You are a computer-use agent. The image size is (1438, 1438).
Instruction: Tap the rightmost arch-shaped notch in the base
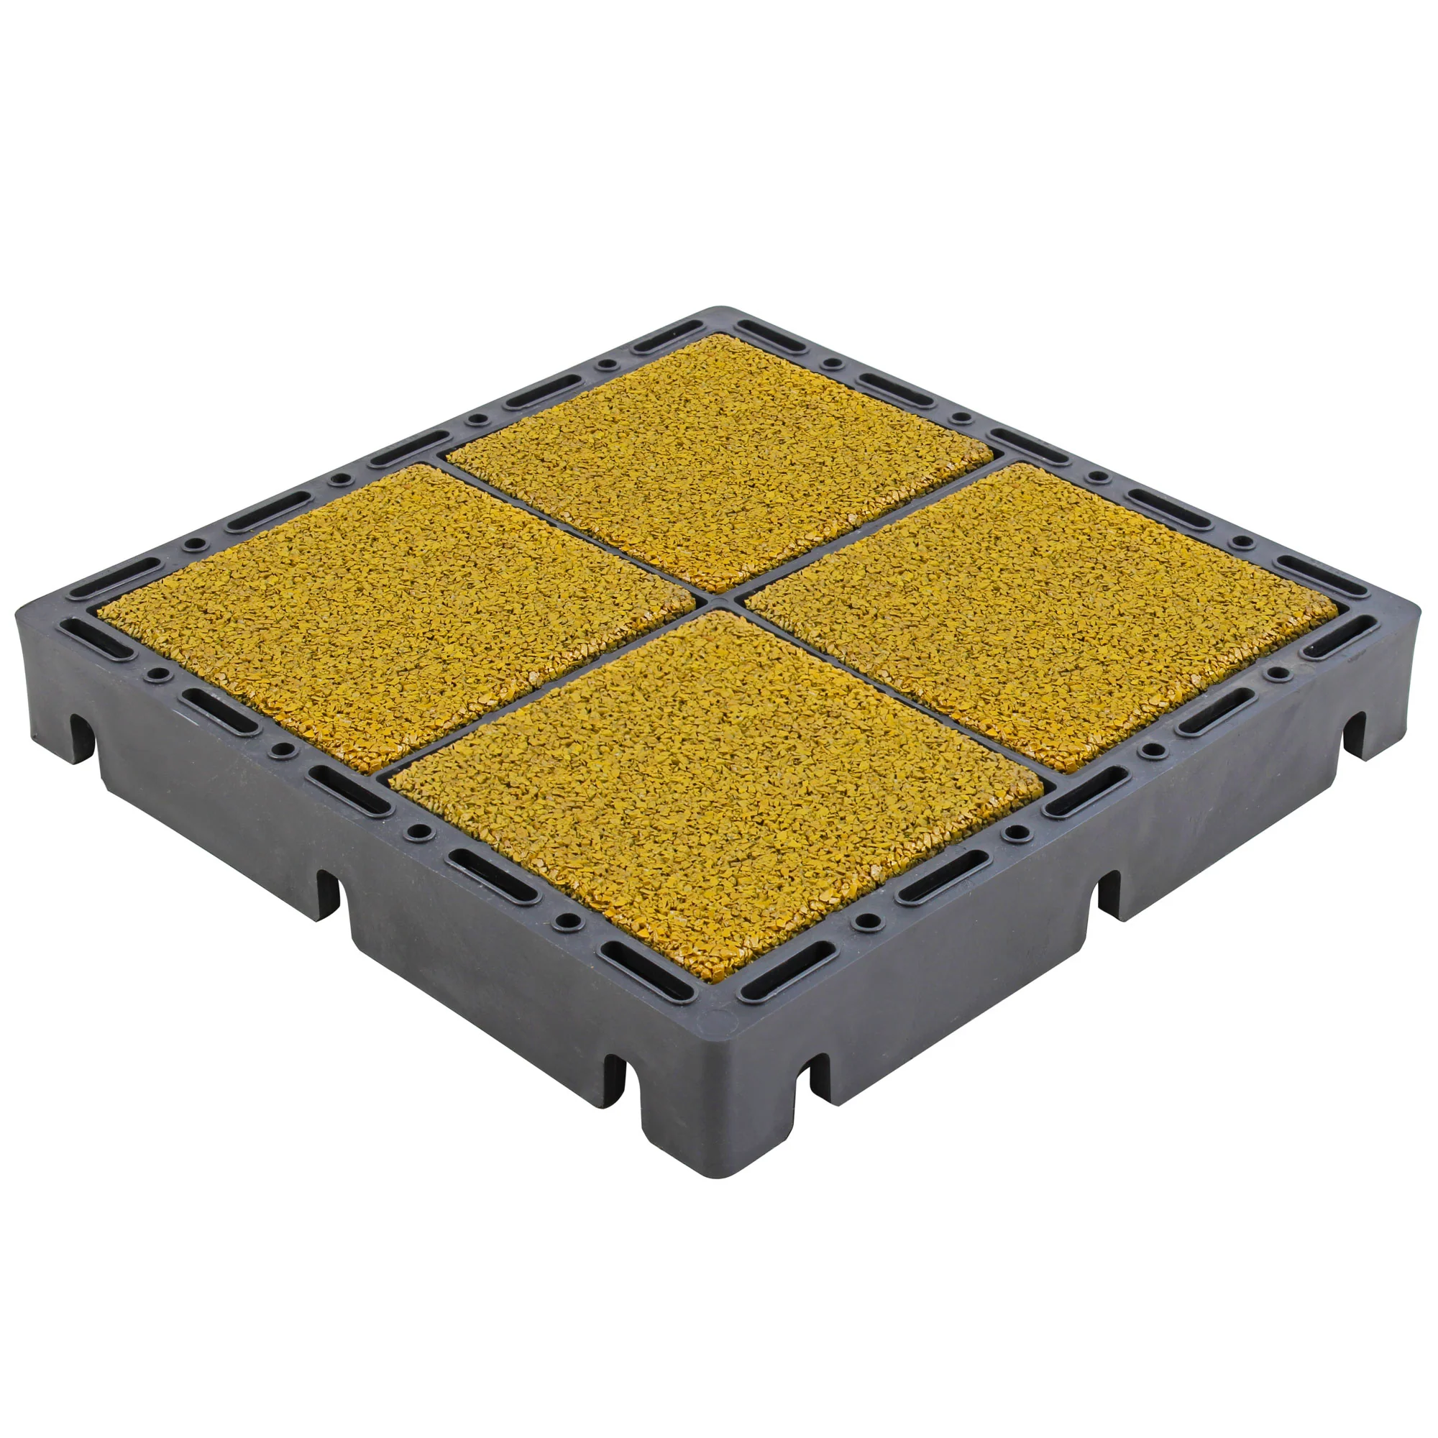coord(1355,733)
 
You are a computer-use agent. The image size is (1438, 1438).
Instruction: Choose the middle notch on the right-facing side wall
coord(1109,893)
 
